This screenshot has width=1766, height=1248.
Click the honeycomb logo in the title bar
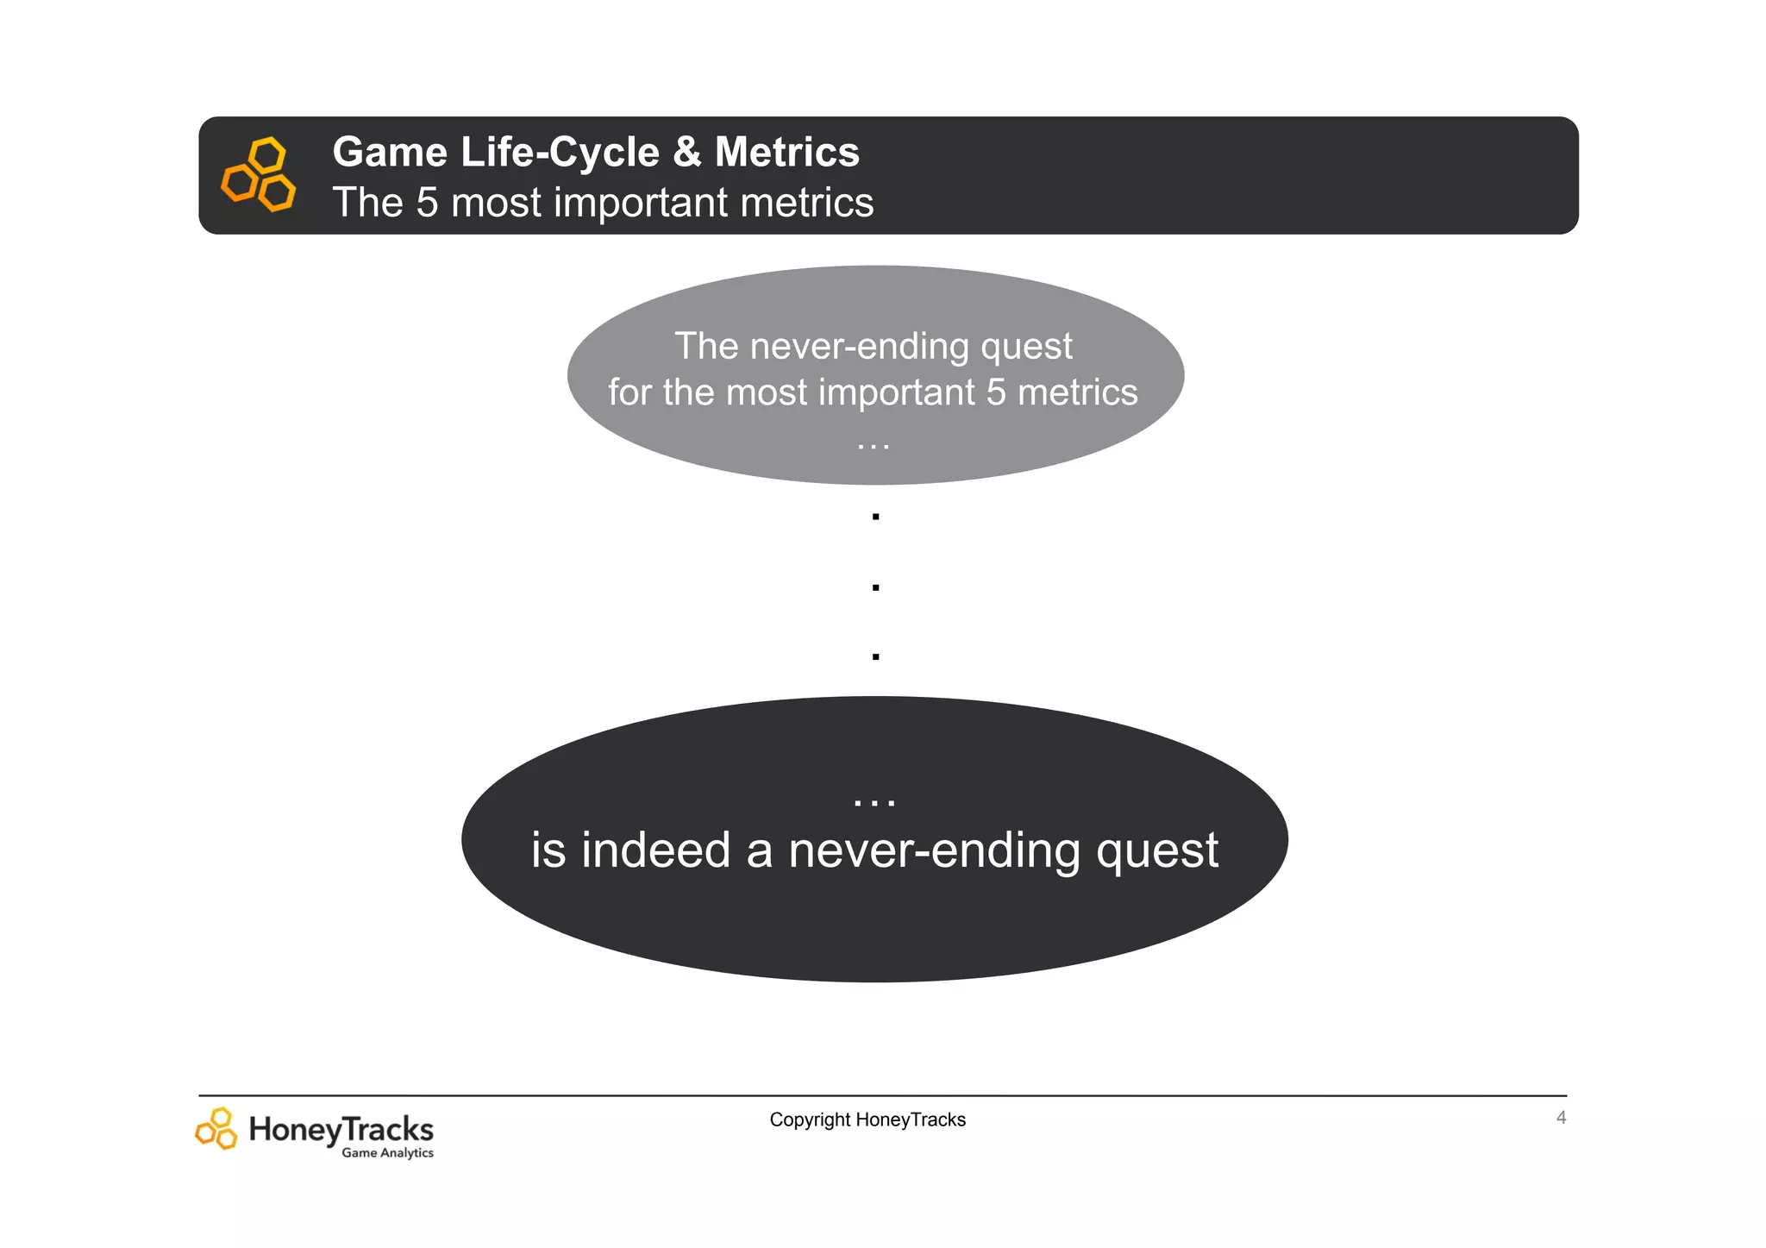tap(259, 173)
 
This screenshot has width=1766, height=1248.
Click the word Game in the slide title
tap(390, 152)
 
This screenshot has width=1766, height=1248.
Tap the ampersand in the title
tap(686, 152)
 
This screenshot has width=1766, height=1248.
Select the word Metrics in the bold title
tap(786, 152)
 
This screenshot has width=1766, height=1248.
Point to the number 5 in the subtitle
tap(427, 203)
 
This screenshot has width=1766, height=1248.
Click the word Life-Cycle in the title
tap(560, 152)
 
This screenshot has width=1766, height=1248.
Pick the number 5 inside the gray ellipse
tap(996, 392)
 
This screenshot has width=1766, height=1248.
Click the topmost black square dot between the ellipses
tap(875, 517)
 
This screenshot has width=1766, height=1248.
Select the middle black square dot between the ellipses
tap(875, 587)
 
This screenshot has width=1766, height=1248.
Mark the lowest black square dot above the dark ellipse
tap(875, 657)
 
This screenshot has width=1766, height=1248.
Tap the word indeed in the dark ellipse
tap(656, 850)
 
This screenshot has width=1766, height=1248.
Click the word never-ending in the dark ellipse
tap(934, 850)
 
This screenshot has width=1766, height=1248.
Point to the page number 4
tap(1561, 1118)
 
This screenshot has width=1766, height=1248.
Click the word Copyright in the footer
tap(810, 1119)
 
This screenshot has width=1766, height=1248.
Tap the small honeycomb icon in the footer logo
tap(216, 1128)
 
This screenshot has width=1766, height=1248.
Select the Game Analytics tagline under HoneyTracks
tap(387, 1153)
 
